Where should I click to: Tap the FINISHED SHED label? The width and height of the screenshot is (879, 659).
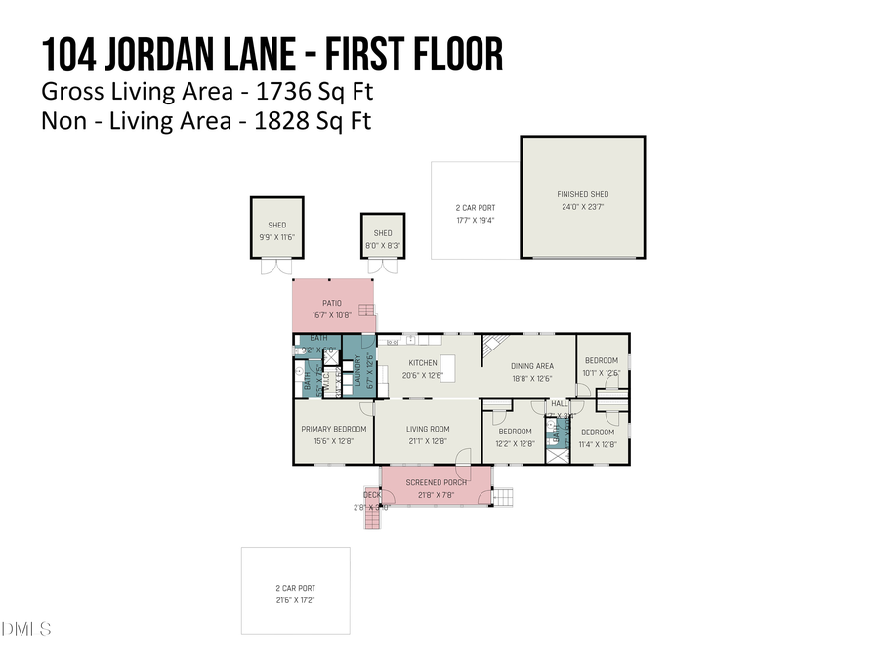(x=583, y=194)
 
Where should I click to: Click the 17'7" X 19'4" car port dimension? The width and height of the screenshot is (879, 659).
(x=476, y=220)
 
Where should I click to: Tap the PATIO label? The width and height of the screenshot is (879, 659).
(x=333, y=303)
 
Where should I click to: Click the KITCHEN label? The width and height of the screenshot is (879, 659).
(x=423, y=363)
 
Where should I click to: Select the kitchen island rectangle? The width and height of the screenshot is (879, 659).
(x=448, y=368)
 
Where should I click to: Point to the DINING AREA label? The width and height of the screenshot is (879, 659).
(x=532, y=366)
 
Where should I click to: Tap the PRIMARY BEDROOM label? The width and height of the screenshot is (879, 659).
(x=333, y=429)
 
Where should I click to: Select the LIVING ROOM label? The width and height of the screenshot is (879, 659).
(x=428, y=429)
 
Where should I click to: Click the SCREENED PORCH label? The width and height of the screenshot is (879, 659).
(x=437, y=482)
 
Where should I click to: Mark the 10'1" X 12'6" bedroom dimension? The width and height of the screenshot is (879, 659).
(x=602, y=372)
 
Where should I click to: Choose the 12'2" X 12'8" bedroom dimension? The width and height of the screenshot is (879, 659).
(x=515, y=443)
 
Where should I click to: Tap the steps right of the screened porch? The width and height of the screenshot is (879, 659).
(x=503, y=497)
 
